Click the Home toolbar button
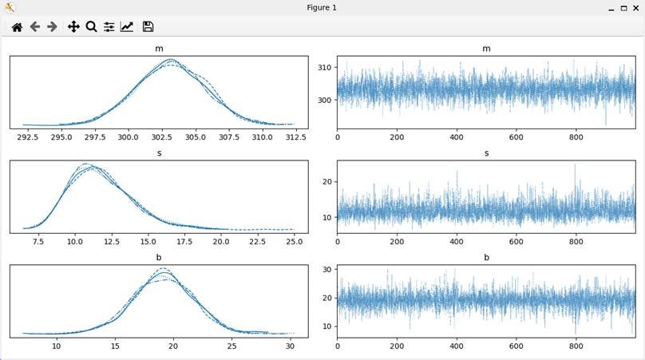click(16, 26)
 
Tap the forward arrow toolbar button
click(52, 26)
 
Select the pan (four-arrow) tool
click(73, 26)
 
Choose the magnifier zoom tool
click(91, 26)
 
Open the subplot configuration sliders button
click(109, 26)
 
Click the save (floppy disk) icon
click(148, 26)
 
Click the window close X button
click(635, 7)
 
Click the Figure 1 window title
click(322, 7)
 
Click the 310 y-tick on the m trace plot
click(325, 68)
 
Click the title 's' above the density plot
click(158, 152)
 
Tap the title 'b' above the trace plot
click(486, 257)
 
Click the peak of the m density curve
click(170, 59)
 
